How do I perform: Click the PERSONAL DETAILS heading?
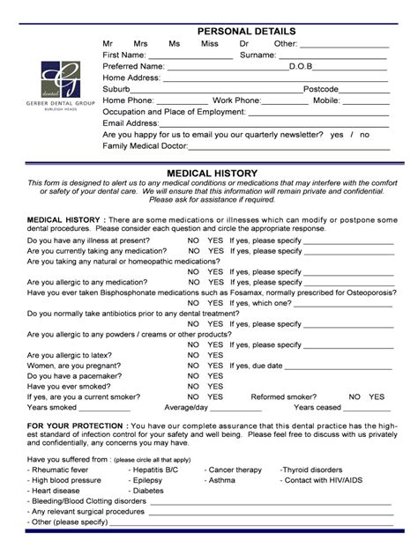[246, 32]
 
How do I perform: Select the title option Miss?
[209, 44]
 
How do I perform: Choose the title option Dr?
[244, 44]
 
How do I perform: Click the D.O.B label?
[303, 67]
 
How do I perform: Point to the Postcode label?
[321, 90]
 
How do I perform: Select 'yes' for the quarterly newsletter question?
[337, 135]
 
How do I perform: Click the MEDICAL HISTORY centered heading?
[212, 174]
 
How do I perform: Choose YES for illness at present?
[215, 240]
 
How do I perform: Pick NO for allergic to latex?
[192, 355]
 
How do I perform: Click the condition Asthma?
[221, 481]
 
